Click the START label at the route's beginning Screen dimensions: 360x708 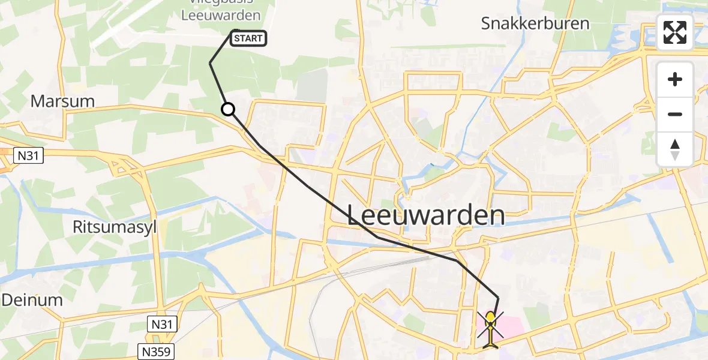(248, 39)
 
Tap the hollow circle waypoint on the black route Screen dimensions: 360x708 (228, 109)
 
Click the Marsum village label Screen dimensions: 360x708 (62, 101)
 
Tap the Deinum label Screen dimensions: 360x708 (32, 300)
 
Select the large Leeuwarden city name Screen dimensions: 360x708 (426, 215)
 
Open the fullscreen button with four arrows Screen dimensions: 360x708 (675, 32)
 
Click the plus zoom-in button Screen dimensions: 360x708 (675, 79)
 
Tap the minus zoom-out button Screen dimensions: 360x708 (675, 114)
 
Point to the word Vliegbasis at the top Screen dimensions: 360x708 (221, 4)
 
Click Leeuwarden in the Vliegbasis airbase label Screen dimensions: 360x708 (222, 16)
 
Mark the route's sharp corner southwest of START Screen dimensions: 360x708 (210, 63)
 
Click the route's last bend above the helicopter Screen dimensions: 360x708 (498, 298)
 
